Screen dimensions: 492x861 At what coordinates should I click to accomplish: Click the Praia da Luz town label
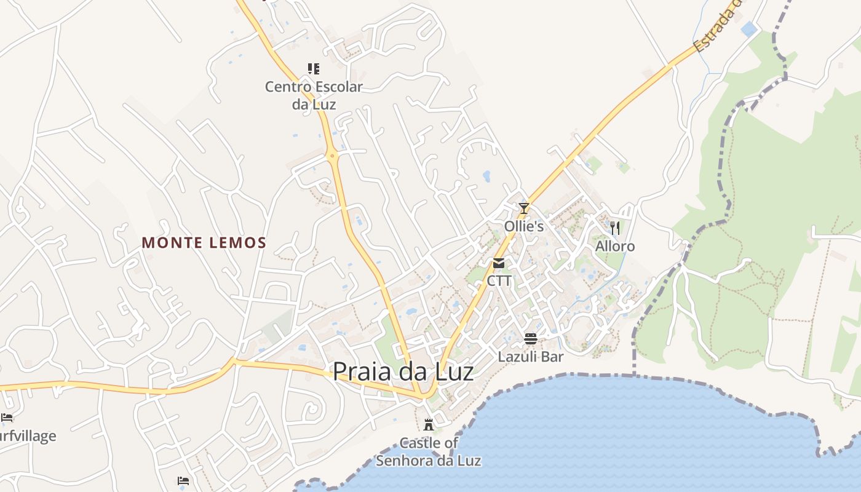[x=403, y=372]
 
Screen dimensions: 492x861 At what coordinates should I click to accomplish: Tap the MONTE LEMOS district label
[x=204, y=243]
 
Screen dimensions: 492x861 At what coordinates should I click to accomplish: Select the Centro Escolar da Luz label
[x=314, y=95]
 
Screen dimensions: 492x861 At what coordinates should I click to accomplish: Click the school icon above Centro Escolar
[x=314, y=68]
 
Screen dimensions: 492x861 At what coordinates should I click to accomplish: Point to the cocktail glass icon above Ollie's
[x=524, y=208]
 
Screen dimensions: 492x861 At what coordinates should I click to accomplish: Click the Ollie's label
[x=524, y=226]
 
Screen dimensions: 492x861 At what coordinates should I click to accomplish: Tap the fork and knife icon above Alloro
[x=615, y=228]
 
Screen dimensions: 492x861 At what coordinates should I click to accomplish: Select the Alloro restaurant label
[x=615, y=247]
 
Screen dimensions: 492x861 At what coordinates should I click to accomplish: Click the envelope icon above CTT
[x=499, y=263]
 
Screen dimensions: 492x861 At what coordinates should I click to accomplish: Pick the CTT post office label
[x=499, y=280]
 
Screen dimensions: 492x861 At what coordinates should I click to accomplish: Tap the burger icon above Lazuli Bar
[x=531, y=338]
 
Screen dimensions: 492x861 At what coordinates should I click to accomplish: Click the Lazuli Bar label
[x=531, y=357]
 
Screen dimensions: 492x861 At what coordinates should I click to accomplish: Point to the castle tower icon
[x=429, y=424]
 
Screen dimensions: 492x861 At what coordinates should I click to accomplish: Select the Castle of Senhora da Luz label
[x=429, y=451]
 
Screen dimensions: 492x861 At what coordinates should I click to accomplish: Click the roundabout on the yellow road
[x=333, y=156]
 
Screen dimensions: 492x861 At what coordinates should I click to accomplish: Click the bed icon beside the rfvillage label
[x=7, y=418]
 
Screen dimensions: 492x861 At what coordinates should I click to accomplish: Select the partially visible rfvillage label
[x=28, y=436]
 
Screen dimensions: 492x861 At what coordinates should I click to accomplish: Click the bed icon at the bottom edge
[x=183, y=481]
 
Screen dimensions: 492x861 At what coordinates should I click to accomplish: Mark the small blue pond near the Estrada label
[x=748, y=29]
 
